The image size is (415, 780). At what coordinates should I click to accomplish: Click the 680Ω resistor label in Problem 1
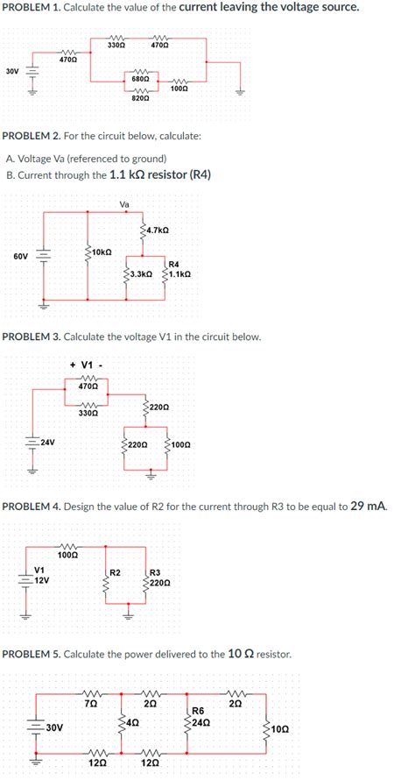point(138,79)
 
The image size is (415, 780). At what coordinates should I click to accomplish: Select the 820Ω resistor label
point(138,99)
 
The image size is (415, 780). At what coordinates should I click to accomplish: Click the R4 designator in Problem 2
point(173,264)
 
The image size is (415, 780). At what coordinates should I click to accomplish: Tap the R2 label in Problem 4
point(115,572)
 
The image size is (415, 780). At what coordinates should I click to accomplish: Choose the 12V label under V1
point(41,580)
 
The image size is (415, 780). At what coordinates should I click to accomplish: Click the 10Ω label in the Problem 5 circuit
point(278,727)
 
